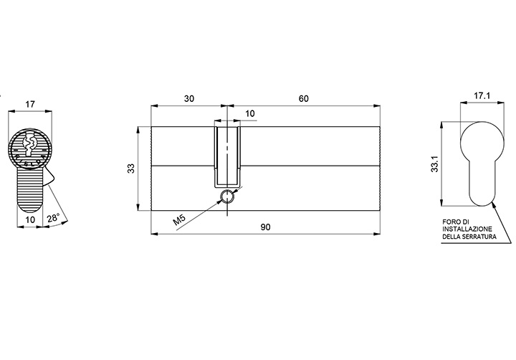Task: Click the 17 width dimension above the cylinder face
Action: click(x=30, y=105)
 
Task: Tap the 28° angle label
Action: click(x=53, y=218)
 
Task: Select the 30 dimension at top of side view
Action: click(x=189, y=98)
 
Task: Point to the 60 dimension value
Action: click(x=303, y=98)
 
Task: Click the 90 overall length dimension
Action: click(x=265, y=227)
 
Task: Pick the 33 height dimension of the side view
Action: click(x=131, y=169)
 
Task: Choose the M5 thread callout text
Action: click(x=180, y=219)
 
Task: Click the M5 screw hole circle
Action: click(x=227, y=196)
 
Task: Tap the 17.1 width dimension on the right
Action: click(x=482, y=96)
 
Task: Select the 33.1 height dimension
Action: click(x=435, y=164)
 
